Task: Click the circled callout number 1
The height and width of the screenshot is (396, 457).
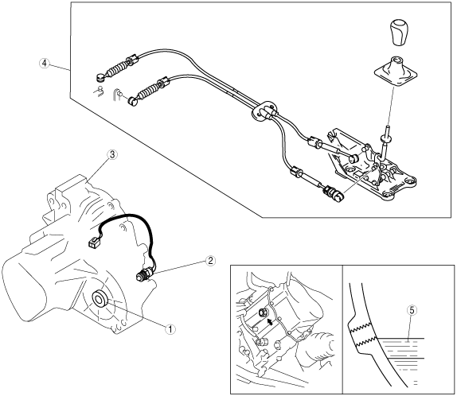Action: (x=170, y=329)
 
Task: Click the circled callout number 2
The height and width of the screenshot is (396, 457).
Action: (x=210, y=261)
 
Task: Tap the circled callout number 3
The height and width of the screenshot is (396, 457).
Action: (x=112, y=154)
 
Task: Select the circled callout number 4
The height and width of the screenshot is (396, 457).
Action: (x=44, y=63)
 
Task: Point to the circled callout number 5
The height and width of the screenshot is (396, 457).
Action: (x=412, y=310)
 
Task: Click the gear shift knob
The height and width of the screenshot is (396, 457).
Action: (x=398, y=32)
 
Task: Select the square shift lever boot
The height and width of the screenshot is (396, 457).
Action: (x=396, y=72)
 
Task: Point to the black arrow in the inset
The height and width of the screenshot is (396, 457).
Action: (x=271, y=321)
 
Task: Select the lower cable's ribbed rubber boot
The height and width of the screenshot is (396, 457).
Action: (x=148, y=91)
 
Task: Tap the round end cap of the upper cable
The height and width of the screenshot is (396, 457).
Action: (x=100, y=77)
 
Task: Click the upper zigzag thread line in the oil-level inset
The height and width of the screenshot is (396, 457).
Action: (x=359, y=328)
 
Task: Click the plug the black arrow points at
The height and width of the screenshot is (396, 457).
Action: (x=263, y=313)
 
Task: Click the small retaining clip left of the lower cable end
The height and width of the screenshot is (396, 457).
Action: (x=118, y=94)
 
